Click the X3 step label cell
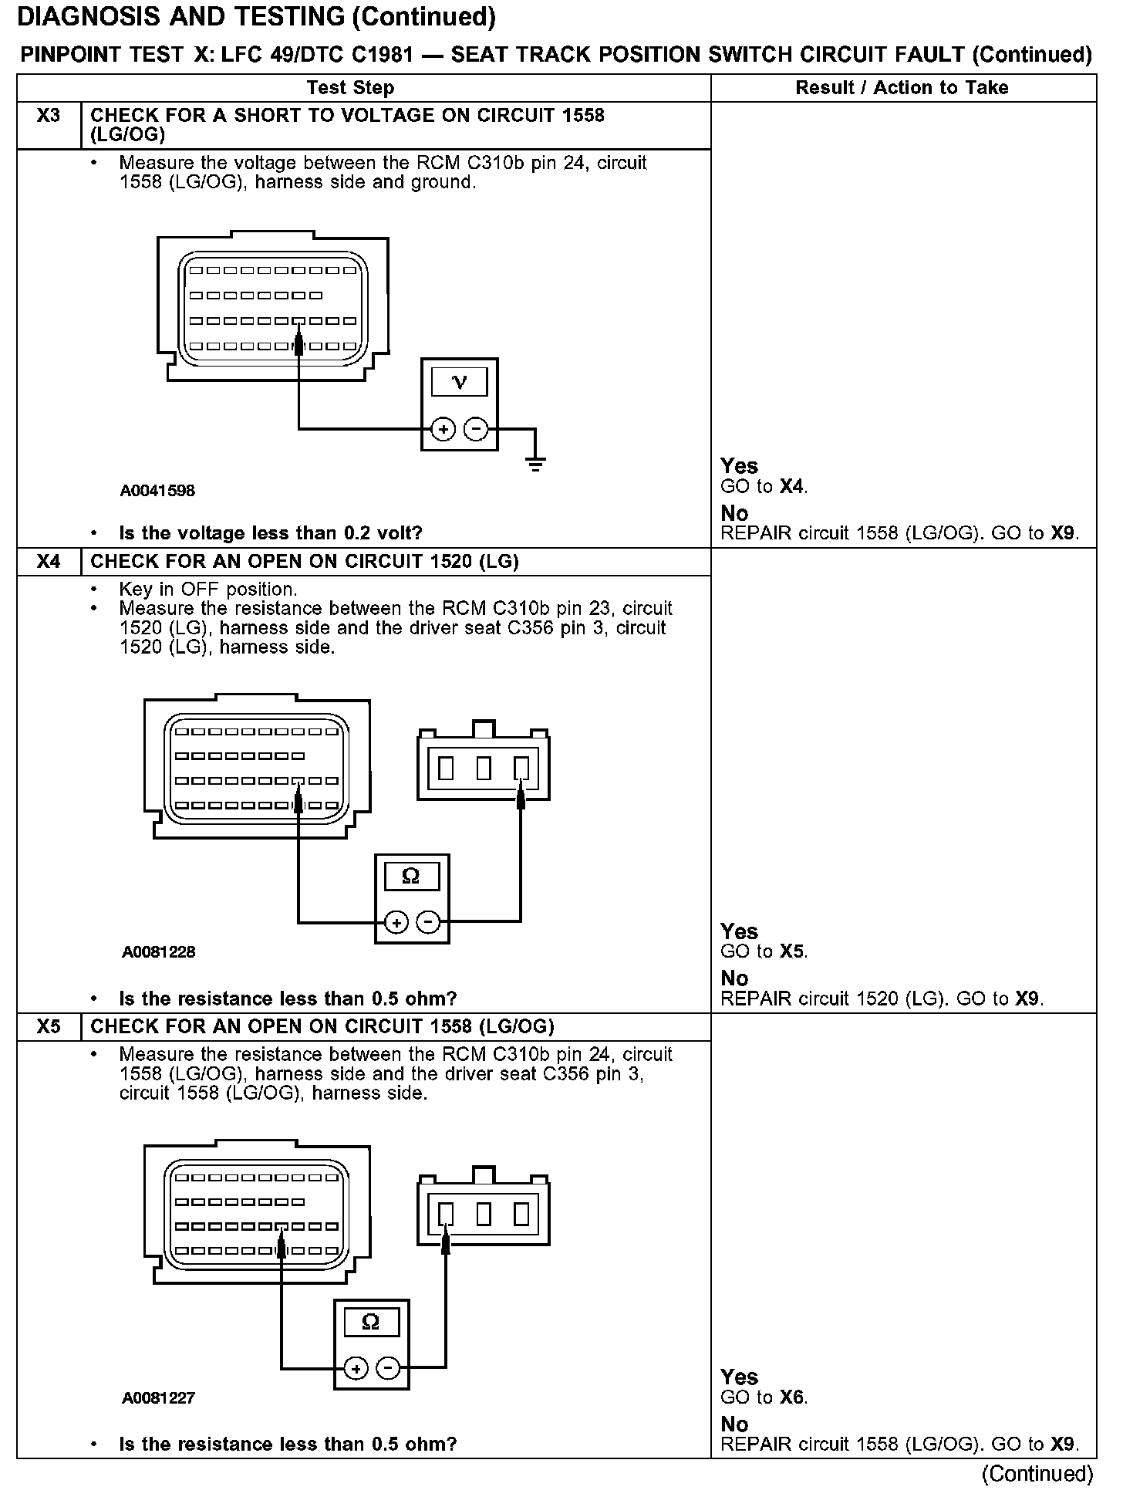48,117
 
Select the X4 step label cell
48,561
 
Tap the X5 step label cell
48,1026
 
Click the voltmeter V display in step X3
459,382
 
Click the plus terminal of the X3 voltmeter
443,428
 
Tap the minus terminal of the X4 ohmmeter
429,921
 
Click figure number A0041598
157,491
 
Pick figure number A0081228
159,952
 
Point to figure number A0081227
159,1397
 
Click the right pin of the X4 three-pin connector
521,768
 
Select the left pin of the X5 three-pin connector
446,1215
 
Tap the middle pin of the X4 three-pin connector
484,768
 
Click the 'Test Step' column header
350,88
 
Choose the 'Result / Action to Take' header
902,88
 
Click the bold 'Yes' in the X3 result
739,466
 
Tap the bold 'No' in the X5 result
734,1424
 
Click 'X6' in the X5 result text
792,1397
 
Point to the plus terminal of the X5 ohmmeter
356,1369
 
